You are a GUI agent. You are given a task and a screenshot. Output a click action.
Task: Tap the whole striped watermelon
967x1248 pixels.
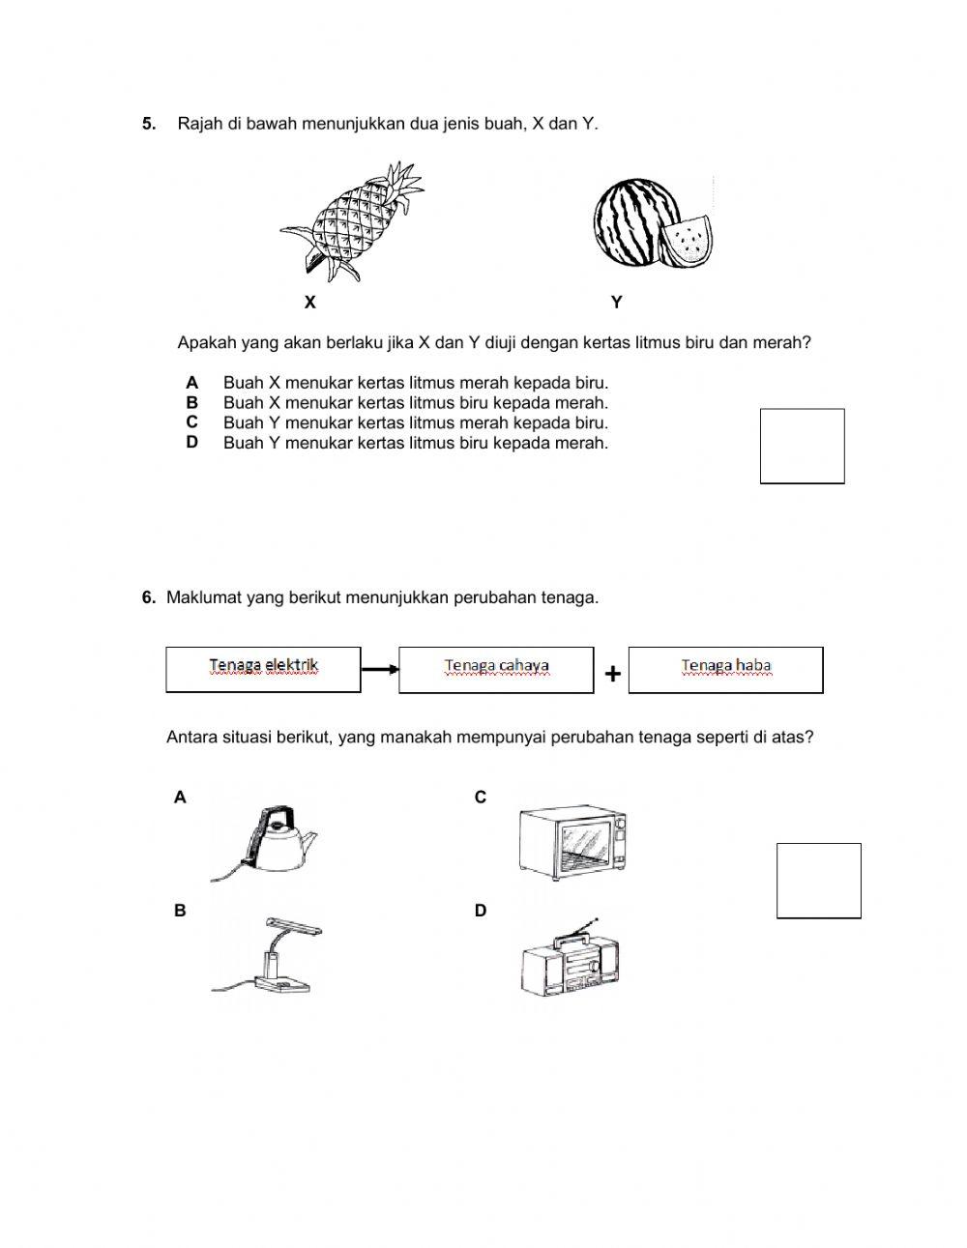click(629, 222)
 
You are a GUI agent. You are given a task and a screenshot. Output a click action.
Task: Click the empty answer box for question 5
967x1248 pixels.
click(802, 446)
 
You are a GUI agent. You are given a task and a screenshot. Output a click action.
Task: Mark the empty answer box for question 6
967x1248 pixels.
click(818, 881)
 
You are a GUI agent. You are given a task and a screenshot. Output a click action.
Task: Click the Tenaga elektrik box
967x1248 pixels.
click(263, 669)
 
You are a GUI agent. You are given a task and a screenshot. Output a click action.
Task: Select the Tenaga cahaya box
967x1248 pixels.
click(496, 669)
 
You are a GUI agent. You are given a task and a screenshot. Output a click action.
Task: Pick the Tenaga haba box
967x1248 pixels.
click(725, 669)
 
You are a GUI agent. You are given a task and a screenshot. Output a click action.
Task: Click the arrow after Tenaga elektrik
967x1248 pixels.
click(380, 669)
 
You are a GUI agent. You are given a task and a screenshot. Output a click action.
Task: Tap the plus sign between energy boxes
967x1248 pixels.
click(612, 674)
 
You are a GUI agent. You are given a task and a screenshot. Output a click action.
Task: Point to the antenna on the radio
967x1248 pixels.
click(584, 927)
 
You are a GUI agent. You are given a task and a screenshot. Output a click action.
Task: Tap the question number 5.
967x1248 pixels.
click(149, 124)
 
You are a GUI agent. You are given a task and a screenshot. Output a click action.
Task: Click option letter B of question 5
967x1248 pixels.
click(192, 402)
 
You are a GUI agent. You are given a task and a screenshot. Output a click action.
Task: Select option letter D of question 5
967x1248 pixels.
click(192, 442)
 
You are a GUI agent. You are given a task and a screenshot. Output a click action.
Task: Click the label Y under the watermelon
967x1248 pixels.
click(617, 303)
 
